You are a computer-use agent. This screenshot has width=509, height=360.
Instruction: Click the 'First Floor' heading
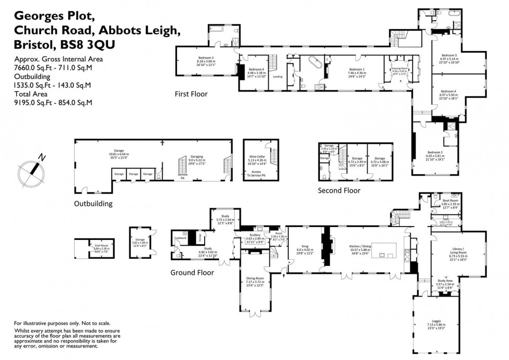tap(191, 94)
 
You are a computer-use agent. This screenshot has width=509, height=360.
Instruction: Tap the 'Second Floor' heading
tap(339, 191)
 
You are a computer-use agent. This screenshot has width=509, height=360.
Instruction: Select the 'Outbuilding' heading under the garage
tap(93, 204)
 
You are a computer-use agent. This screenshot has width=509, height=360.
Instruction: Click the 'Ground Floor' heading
tap(191, 272)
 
